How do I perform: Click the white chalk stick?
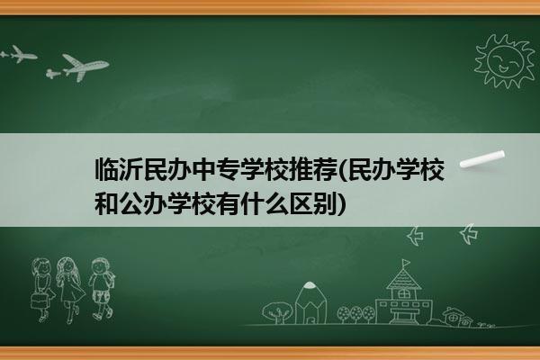pos(482,159)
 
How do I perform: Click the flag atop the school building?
pos(407,264)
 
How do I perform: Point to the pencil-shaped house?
pos(310,303)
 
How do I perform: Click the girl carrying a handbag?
pos(41,290)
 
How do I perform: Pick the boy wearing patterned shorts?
pos(102,289)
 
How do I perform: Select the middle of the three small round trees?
pos(355,314)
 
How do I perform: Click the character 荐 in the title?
pos(326,169)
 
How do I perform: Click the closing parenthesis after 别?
pos(342,203)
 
